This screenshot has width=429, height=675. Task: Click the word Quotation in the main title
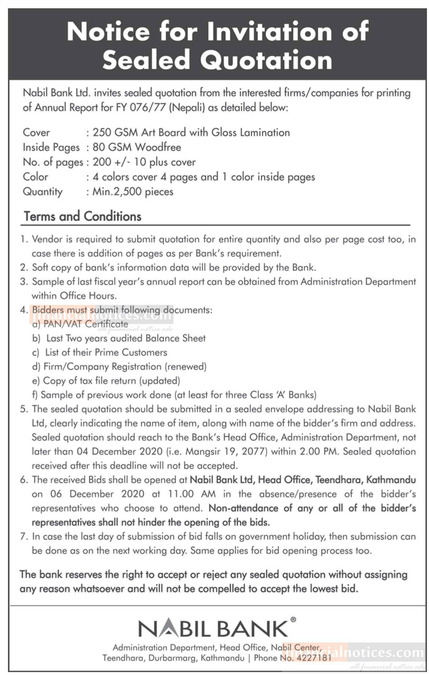coord(266,60)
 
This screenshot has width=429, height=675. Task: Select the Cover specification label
coord(36,132)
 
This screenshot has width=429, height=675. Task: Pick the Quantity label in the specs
coord(43,192)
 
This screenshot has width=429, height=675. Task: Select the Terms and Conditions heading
coord(83,216)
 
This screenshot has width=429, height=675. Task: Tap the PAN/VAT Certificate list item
coord(86,324)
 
